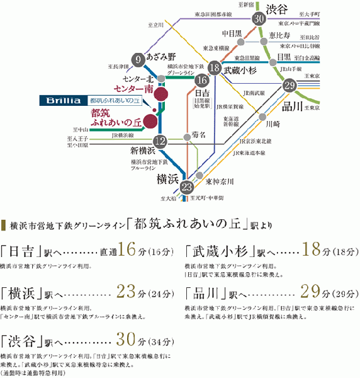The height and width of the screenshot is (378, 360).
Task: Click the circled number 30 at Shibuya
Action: [x=258, y=19]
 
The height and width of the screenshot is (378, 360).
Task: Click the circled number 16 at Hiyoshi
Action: [x=201, y=81]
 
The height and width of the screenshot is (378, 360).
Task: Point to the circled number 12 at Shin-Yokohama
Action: [x=160, y=141]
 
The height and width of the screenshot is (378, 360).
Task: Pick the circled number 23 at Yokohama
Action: [x=186, y=187]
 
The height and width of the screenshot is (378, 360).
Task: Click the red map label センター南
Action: [x=130, y=90]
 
